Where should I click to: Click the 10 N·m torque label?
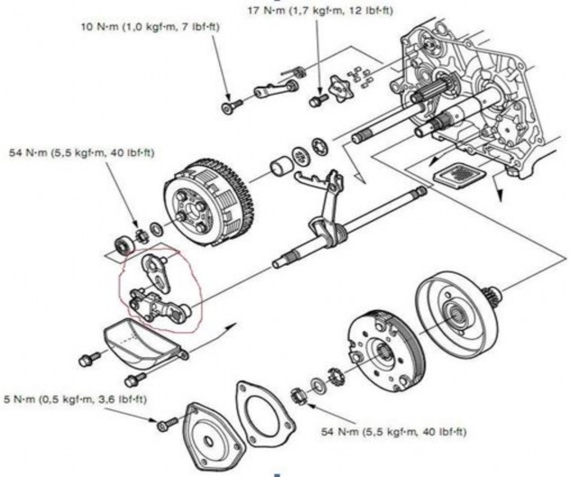pos(148,27)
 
